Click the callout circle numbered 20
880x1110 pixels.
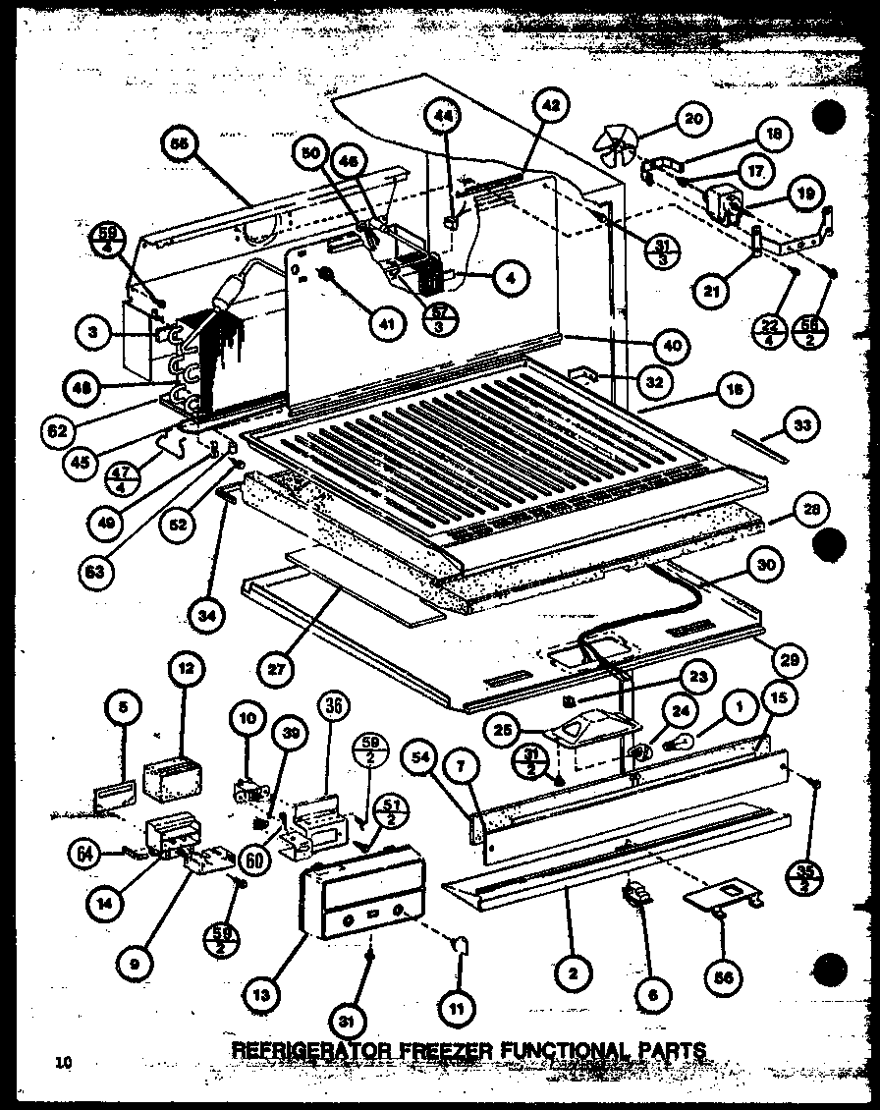(692, 120)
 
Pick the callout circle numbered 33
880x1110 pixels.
(802, 424)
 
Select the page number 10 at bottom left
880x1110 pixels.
(65, 1061)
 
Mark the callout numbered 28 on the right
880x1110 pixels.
(811, 509)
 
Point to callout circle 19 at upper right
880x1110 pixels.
(804, 194)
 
